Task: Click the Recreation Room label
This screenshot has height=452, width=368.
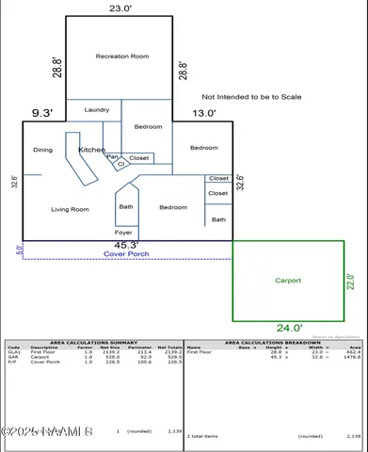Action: (x=122, y=56)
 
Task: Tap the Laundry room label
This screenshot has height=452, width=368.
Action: (x=97, y=110)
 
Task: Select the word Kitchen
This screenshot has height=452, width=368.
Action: (x=91, y=150)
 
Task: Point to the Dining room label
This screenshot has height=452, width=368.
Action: (x=42, y=150)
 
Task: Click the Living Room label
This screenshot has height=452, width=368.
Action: (x=69, y=209)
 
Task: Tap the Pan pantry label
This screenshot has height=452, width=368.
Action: (x=111, y=157)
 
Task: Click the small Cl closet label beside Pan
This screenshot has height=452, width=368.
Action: (x=120, y=165)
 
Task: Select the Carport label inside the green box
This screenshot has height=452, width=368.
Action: (x=287, y=281)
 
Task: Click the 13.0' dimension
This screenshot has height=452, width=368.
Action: (x=204, y=114)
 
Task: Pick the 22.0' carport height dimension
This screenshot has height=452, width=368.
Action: (x=351, y=282)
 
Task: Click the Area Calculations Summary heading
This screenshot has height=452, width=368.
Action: (x=93, y=342)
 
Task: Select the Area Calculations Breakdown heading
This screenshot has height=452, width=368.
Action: (x=273, y=342)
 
